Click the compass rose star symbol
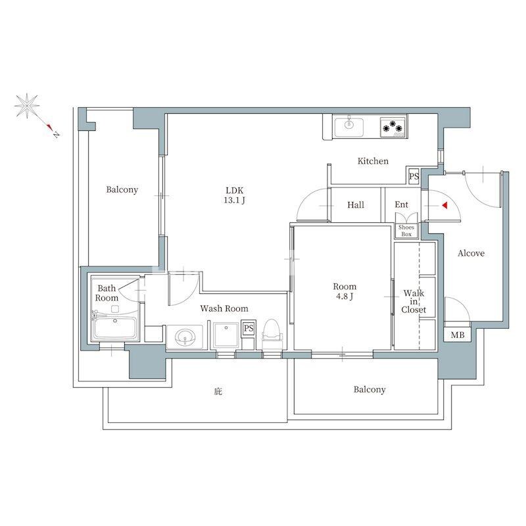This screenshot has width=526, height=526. pyautogui.click(x=27, y=106)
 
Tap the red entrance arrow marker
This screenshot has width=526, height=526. pyautogui.click(x=445, y=205)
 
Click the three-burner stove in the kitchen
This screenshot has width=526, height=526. pyautogui.click(x=393, y=127)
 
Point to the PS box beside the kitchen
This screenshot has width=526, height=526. pyautogui.click(x=414, y=176)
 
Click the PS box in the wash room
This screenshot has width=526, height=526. pyautogui.click(x=249, y=327)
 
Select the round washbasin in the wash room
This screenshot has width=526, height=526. pyautogui.click(x=185, y=337)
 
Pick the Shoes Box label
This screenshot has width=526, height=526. pyautogui.click(x=406, y=231)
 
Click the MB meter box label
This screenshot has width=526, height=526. pyautogui.click(x=458, y=335)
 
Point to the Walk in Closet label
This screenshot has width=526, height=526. pyautogui.click(x=414, y=301)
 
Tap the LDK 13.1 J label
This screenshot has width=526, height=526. pyautogui.click(x=235, y=195)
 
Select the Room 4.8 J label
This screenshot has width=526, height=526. pyautogui.click(x=345, y=291)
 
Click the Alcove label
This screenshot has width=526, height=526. pyautogui.click(x=471, y=253)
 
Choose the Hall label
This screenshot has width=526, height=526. pyautogui.click(x=356, y=204)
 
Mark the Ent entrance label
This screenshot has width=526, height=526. pyautogui.click(x=401, y=204)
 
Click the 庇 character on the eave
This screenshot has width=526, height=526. pyautogui.click(x=218, y=391)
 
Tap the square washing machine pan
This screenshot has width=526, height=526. pyautogui.click(x=226, y=335)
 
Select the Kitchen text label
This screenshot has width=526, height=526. pyautogui.click(x=373, y=161)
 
